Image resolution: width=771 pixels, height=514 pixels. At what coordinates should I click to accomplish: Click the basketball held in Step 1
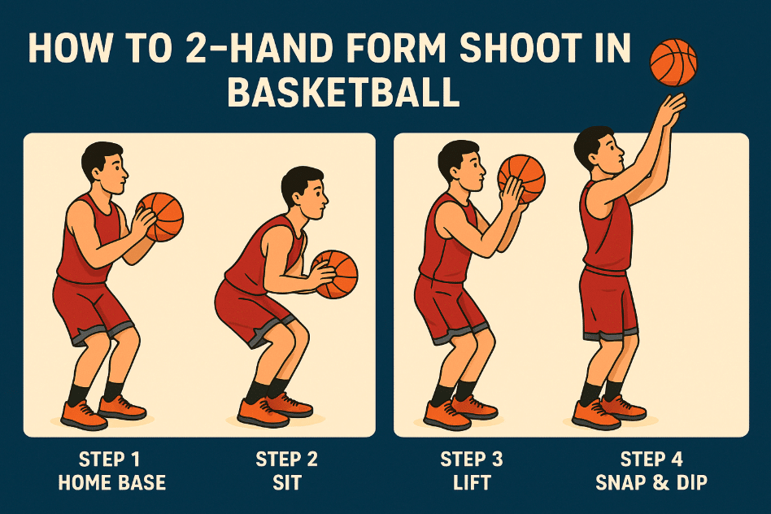coord(161,217)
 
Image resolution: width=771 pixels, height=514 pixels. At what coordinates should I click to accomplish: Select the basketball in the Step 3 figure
coord(521,177)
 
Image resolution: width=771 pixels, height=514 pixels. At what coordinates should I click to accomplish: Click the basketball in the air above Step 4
coord(673,63)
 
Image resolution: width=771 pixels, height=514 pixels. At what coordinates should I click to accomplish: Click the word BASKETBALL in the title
coord(343,92)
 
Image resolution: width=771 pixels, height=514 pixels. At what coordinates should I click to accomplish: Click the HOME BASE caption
coord(111,482)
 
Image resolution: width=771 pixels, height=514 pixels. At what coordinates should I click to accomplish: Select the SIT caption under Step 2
coord(287,482)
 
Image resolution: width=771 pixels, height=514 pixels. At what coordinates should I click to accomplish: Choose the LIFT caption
coord(472,482)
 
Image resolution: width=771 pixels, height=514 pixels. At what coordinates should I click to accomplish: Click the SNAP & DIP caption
coord(651,482)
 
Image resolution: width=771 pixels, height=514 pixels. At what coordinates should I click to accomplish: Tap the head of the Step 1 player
coord(103,165)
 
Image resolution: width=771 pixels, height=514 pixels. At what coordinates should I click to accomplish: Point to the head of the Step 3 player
coord(460,163)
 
